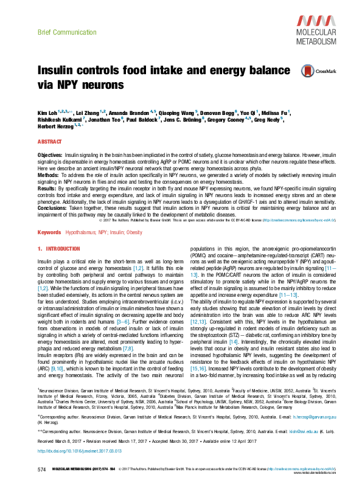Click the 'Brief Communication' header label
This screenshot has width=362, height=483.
tap(60, 30)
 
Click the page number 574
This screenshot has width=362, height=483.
tap(42, 470)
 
